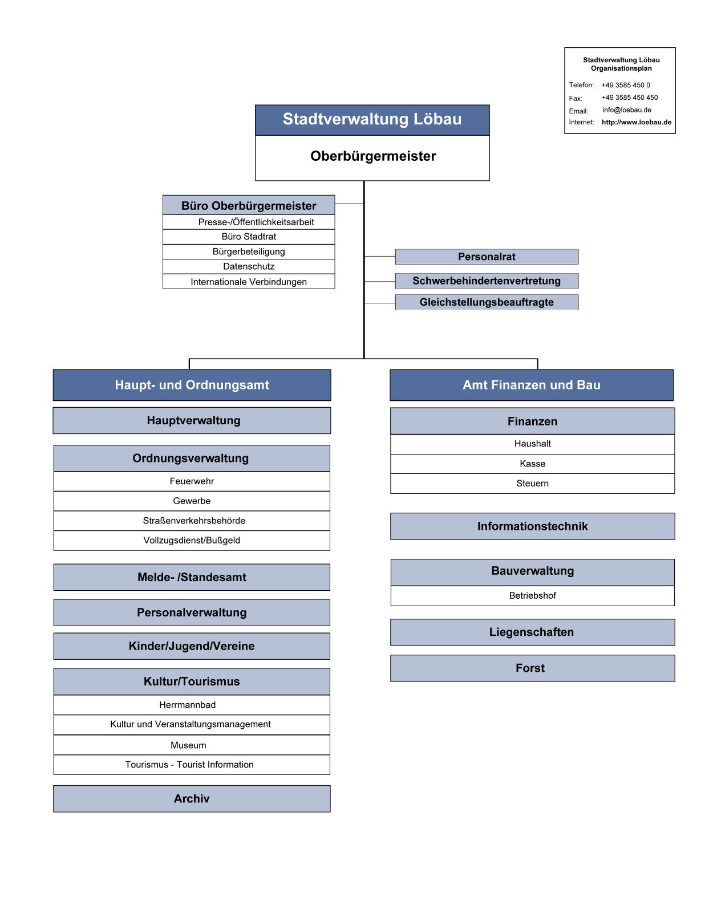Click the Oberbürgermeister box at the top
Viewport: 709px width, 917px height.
click(x=372, y=158)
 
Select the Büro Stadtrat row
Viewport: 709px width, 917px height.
click(x=249, y=237)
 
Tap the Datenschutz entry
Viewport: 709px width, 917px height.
click(x=249, y=266)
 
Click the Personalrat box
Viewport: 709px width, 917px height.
click(x=487, y=257)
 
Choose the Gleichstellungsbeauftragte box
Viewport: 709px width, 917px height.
click(x=487, y=302)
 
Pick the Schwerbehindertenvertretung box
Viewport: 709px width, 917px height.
click(x=487, y=281)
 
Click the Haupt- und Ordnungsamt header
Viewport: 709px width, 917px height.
click(x=192, y=385)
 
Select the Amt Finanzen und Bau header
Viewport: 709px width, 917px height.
click(x=532, y=385)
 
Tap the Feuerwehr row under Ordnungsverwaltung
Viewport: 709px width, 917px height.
click(x=192, y=481)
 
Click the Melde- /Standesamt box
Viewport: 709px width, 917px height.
click(x=192, y=577)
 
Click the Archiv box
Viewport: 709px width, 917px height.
click(x=192, y=799)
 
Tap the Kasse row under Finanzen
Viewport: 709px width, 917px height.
click(x=533, y=464)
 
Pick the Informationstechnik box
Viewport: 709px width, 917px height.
click(x=533, y=526)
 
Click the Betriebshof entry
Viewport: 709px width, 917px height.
click(x=533, y=596)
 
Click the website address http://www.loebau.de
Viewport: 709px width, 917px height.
click(x=637, y=123)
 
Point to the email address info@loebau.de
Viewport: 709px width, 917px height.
click(x=627, y=110)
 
